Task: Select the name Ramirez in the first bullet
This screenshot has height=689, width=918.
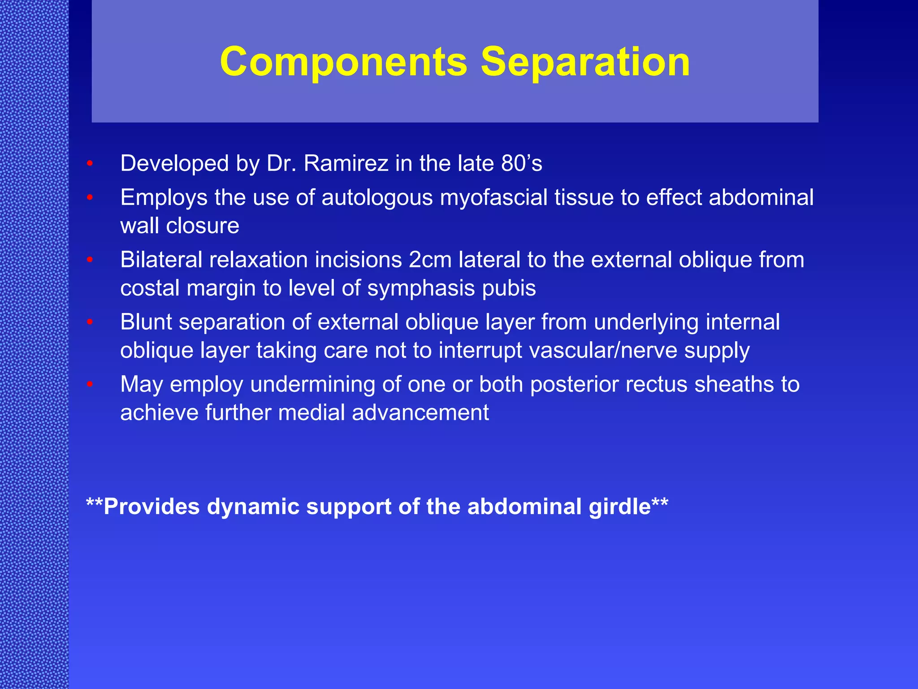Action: point(346,163)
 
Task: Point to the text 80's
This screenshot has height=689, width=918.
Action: point(522,163)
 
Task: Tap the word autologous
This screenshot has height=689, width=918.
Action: point(377,198)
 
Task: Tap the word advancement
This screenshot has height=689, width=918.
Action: point(420,413)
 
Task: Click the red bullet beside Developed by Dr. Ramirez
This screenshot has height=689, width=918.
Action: point(90,164)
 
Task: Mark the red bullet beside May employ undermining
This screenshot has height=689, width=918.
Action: point(90,385)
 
